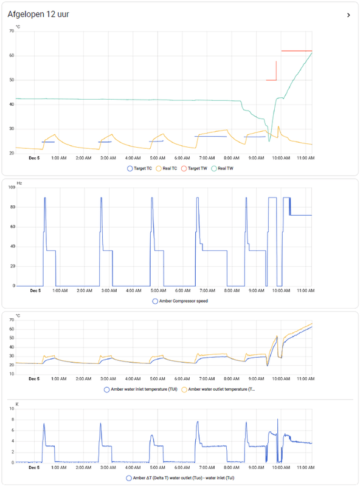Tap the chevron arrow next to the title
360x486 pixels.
tap(348, 15)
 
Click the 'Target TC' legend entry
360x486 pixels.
tap(140, 168)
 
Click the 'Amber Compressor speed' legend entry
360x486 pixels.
tap(180, 301)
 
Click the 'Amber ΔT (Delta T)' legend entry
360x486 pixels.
tap(180, 478)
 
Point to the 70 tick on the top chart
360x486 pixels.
tap(12, 31)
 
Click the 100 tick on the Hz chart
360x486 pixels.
tap(10, 187)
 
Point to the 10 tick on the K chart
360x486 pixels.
tap(12, 409)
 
